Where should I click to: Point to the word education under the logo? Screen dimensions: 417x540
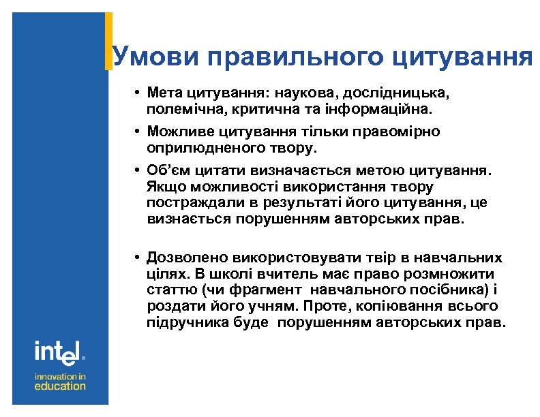[61, 386]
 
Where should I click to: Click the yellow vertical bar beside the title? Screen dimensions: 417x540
[108, 41]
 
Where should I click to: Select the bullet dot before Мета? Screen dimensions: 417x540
[137, 93]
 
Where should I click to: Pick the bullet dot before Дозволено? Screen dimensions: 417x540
[137, 259]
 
